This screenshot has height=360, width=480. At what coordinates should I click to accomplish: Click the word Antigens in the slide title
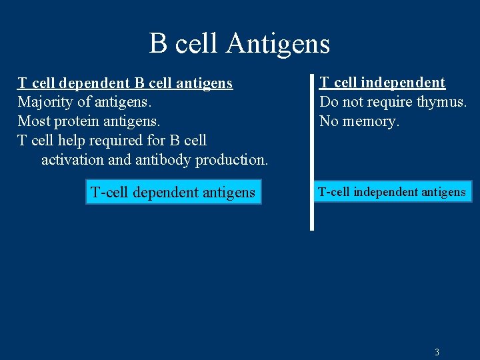(x=278, y=43)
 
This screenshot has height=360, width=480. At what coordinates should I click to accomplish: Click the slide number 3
(x=437, y=351)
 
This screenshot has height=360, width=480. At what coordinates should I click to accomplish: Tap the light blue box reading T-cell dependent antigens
(x=173, y=193)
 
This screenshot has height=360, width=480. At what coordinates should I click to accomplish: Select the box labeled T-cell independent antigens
(x=392, y=192)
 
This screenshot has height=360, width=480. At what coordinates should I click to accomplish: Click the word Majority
(x=44, y=103)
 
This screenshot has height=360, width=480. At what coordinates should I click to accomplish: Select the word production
(x=231, y=160)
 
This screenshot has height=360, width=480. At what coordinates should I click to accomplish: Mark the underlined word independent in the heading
(x=402, y=83)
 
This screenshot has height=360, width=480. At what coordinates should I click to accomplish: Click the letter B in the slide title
(x=158, y=43)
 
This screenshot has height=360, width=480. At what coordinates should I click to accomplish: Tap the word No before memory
(x=329, y=121)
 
